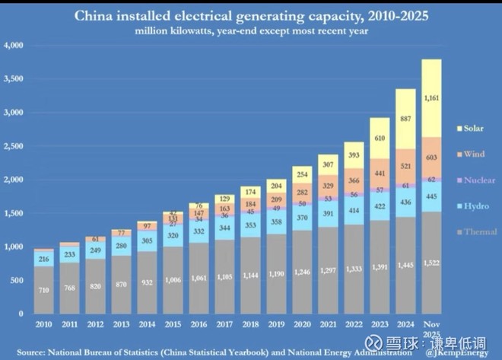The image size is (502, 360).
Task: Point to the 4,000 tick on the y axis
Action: (14, 46)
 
